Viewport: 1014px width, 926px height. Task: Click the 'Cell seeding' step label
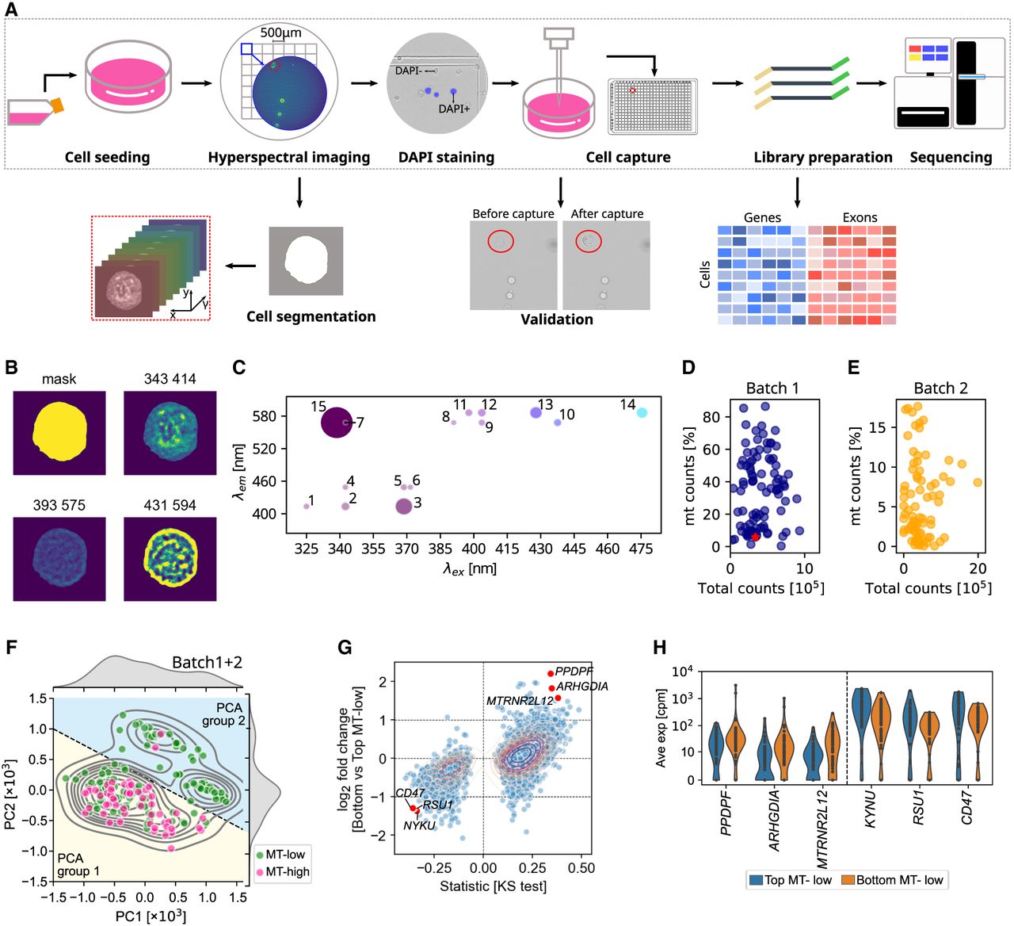[107, 157]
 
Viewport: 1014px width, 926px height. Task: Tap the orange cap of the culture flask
[57, 105]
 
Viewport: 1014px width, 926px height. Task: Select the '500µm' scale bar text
[280, 33]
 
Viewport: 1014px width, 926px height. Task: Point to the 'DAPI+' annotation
[454, 109]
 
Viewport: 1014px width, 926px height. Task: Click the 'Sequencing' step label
[951, 157]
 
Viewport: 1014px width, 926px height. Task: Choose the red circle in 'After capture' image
[589, 241]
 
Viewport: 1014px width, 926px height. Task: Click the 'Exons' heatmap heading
[860, 217]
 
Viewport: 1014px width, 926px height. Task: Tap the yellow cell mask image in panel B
[59, 432]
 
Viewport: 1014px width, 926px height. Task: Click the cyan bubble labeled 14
[642, 412]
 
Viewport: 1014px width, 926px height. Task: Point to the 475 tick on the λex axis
[641, 549]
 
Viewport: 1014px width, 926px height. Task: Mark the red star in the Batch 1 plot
[755, 537]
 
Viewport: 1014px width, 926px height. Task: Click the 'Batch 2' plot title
[940, 388]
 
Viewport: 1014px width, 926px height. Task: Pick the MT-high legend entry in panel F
[282, 872]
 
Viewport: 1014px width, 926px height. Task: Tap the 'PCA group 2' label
[224, 714]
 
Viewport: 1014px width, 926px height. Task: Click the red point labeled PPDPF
[551, 674]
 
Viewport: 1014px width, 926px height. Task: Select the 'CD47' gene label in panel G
[410, 793]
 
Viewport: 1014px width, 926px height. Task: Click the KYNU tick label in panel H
[870, 809]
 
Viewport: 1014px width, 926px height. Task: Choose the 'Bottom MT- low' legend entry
[894, 880]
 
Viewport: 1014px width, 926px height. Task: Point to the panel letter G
[345, 647]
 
